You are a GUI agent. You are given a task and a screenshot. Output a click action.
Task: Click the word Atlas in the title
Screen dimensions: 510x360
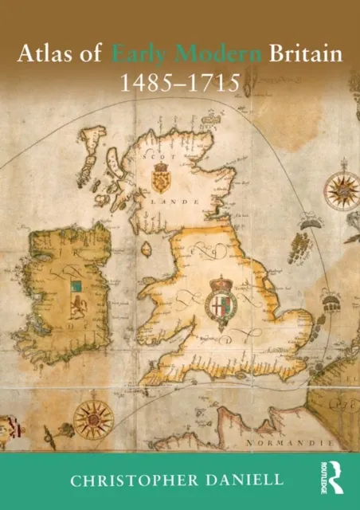49,57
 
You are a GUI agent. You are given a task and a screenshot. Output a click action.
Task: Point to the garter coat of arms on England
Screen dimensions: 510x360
219,299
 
